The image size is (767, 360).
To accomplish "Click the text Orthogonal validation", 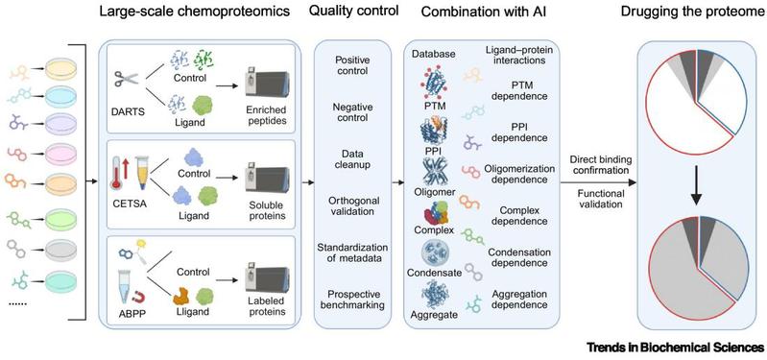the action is pos(352,206).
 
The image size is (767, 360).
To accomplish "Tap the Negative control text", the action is pos(352,112).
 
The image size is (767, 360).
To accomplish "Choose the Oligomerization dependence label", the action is pos(518,174).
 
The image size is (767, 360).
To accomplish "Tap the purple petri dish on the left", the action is pos(61,121).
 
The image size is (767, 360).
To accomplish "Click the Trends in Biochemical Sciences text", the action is pos(676,348).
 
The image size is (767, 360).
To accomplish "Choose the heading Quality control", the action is pos(353,12).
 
